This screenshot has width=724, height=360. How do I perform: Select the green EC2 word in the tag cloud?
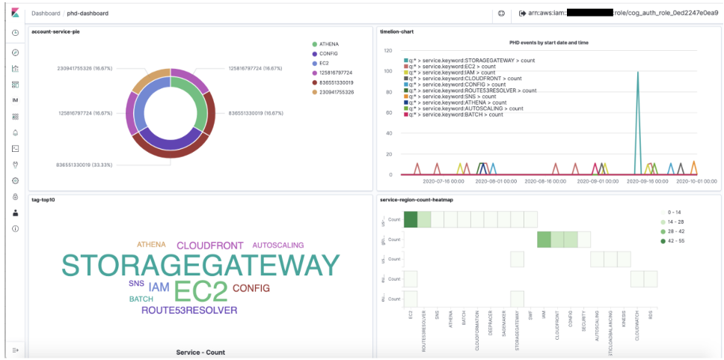[x=200, y=292]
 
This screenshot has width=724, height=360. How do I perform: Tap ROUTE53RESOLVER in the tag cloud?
[x=189, y=310]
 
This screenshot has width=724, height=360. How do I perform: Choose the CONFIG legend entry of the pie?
[x=328, y=54]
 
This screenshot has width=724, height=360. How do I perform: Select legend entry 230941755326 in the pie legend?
[x=336, y=92]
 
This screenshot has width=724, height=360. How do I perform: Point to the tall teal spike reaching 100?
[x=637, y=72]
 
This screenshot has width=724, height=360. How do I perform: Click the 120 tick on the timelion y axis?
[x=387, y=51]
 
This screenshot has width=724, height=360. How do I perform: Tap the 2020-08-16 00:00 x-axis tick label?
[x=547, y=181]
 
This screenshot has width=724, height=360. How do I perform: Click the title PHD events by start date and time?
[x=548, y=43]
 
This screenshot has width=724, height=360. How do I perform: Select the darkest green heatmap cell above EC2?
[x=411, y=219]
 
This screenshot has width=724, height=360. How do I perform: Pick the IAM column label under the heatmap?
[x=543, y=317]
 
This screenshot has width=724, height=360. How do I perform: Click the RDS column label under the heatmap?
[x=651, y=315]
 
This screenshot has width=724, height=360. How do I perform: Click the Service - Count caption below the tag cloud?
[x=200, y=352]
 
